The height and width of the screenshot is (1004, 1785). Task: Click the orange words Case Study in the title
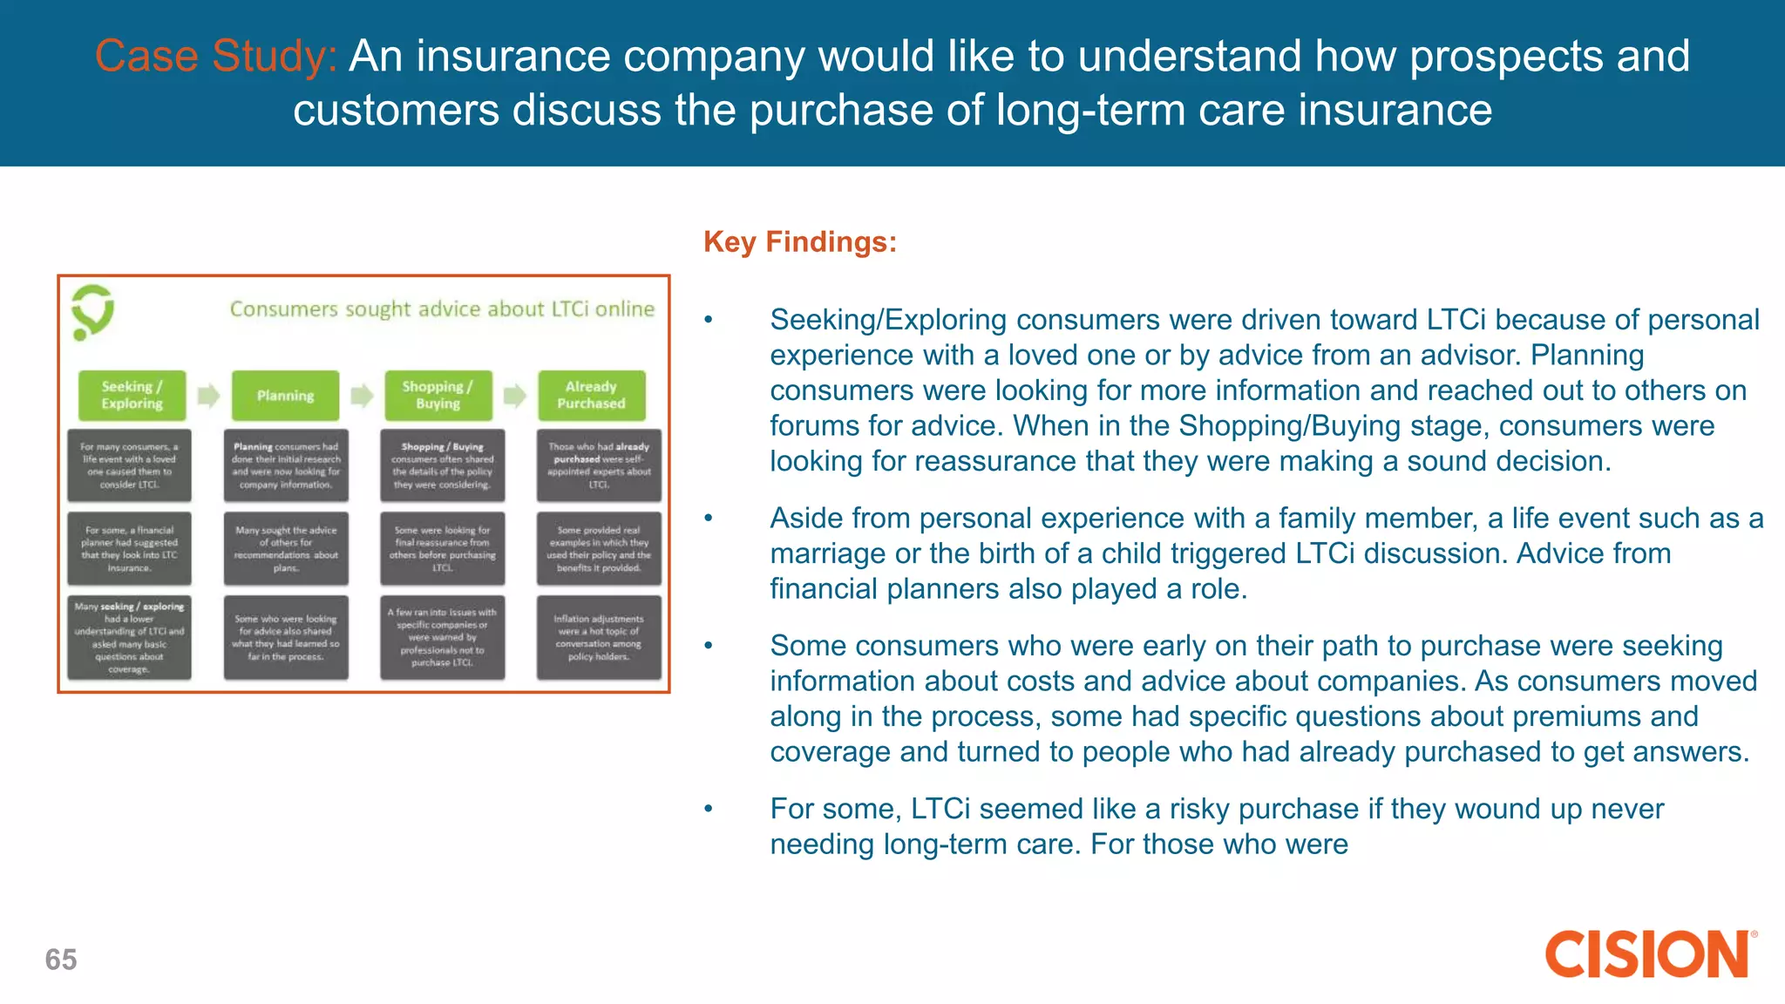(x=214, y=57)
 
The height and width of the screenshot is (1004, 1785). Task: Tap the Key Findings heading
(x=799, y=241)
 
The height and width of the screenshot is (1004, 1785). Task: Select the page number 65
(x=61, y=960)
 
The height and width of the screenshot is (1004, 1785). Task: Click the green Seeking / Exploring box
(x=132, y=396)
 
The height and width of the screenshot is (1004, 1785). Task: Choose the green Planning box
(x=285, y=396)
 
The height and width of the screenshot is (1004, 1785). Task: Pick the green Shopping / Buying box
(x=438, y=396)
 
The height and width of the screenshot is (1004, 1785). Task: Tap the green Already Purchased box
(x=591, y=396)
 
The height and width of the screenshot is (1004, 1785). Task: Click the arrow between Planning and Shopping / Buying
(x=362, y=396)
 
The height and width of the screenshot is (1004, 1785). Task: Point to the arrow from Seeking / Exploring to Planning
(x=208, y=396)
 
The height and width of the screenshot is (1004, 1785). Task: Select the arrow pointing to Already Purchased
(x=515, y=396)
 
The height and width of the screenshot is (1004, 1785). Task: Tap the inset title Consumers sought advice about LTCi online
(x=442, y=309)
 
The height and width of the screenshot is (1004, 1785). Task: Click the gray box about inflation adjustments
(x=599, y=637)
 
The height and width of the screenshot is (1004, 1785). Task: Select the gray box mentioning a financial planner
(x=129, y=548)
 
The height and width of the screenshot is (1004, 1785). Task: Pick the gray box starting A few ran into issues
(x=442, y=637)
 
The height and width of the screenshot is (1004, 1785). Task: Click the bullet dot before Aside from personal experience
(x=709, y=519)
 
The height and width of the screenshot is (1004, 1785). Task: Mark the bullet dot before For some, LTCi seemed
(x=709, y=810)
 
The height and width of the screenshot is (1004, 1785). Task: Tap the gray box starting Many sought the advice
(x=285, y=548)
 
